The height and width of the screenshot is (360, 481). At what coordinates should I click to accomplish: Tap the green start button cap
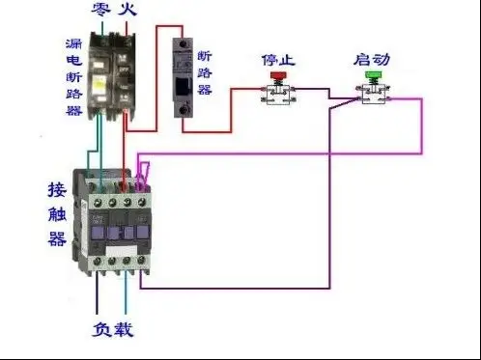pos(373,73)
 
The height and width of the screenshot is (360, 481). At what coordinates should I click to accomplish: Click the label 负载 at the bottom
pos(112,331)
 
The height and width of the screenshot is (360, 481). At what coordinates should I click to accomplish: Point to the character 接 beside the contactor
pos(57,189)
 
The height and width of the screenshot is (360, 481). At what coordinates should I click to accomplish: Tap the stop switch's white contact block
pos(278,94)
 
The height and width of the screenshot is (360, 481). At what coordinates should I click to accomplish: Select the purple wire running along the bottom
pos(241,287)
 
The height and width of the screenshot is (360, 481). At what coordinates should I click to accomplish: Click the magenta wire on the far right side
pos(422,125)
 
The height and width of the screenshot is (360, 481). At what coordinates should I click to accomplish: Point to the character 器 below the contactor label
pos(57,238)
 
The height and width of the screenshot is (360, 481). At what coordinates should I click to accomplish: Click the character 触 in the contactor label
pos(57,213)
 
